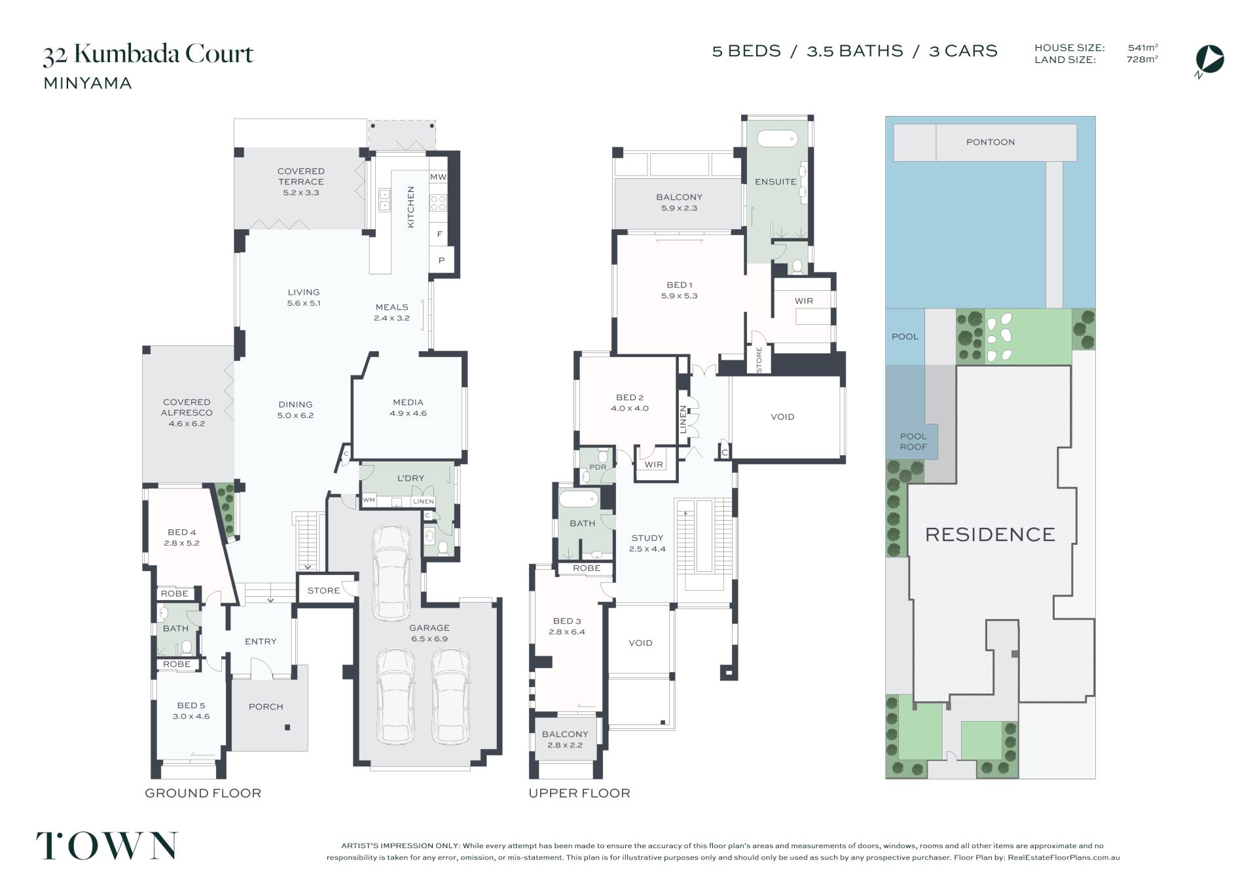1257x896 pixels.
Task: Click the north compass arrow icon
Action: click(x=1210, y=59)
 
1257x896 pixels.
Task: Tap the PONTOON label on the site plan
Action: click(x=990, y=142)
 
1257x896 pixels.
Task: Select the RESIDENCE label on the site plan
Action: click(x=990, y=534)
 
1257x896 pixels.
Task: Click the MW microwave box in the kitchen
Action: click(x=438, y=177)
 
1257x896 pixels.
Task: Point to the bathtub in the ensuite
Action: click(x=777, y=139)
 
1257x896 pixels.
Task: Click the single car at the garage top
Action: click(x=390, y=572)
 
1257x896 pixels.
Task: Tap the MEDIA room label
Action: click(x=408, y=402)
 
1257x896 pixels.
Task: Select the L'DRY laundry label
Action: click(x=410, y=478)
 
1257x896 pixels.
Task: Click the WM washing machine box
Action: click(x=369, y=500)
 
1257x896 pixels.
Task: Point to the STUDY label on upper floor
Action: click(x=647, y=538)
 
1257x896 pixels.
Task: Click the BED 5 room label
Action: click(x=191, y=705)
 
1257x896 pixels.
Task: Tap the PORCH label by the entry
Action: click(x=266, y=707)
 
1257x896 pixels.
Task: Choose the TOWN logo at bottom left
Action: click(x=107, y=846)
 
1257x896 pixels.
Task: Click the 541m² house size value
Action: click(x=1143, y=48)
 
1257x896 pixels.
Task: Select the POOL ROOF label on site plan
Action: click(x=913, y=441)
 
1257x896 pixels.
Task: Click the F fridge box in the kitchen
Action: click(x=439, y=234)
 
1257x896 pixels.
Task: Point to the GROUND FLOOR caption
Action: click(x=203, y=793)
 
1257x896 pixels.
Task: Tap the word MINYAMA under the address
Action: click(x=88, y=83)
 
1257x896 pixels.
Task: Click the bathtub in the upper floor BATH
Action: click(x=579, y=499)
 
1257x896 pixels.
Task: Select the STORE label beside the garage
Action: click(x=323, y=591)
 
